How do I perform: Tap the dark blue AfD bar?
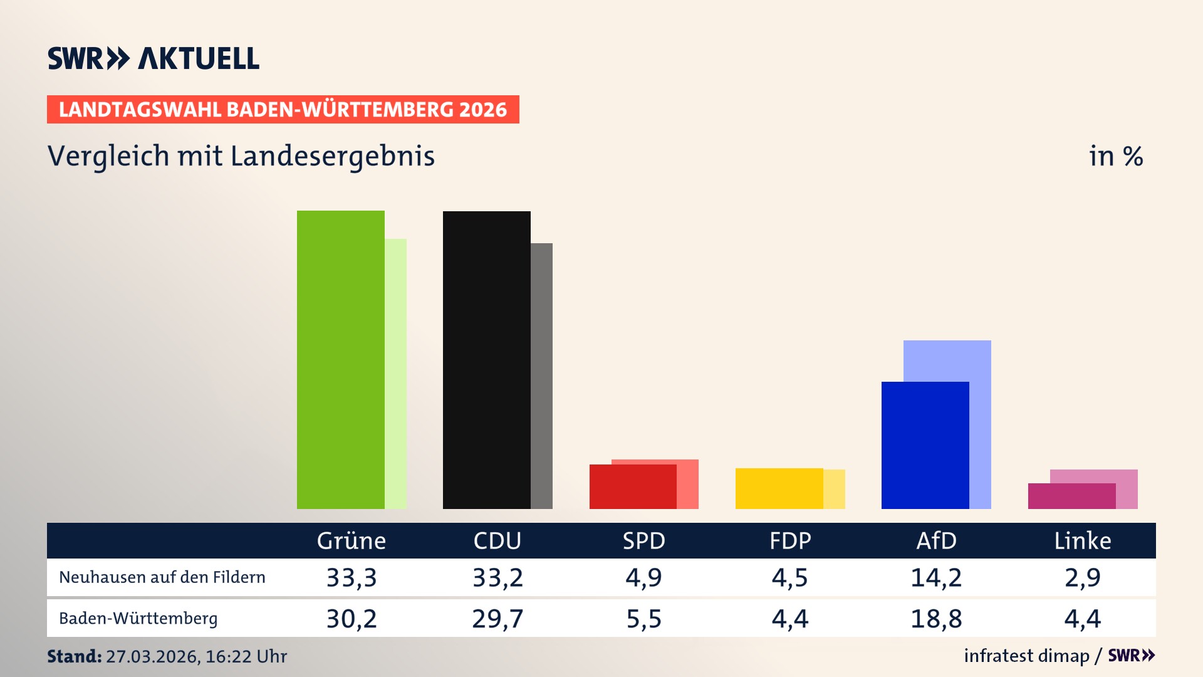[x=925, y=445]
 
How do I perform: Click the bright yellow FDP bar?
[x=779, y=488]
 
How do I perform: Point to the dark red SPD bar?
[x=633, y=486]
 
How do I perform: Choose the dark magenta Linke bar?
[x=1071, y=496]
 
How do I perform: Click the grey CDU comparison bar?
[x=542, y=376]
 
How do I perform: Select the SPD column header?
[x=643, y=541]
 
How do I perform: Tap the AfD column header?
[x=936, y=541]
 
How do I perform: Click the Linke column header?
[x=1082, y=541]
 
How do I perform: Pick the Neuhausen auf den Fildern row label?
[x=162, y=577]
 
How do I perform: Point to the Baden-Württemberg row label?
[x=138, y=619]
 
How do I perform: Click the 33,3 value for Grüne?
[x=352, y=577]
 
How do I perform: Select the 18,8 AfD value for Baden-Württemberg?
[x=936, y=619]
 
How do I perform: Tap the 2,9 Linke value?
[x=1082, y=577]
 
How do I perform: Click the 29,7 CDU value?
[x=497, y=619]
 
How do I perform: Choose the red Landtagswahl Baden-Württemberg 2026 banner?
[x=283, y=110]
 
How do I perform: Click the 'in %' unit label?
[x=1116, y=156]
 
